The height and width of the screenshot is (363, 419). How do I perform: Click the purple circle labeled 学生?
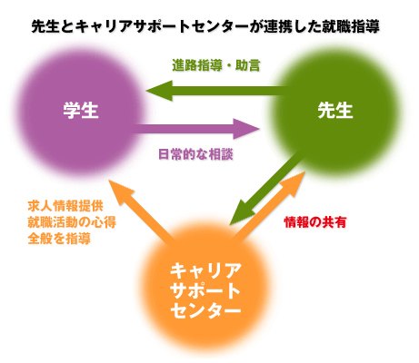point(81,113)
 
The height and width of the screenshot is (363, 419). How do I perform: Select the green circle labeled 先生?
point(334,113)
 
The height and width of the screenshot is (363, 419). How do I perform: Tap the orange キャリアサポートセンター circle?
point(205,288)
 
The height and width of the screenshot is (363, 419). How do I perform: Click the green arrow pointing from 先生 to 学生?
point(216,91)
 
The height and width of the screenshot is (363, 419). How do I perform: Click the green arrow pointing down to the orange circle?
point(266,188)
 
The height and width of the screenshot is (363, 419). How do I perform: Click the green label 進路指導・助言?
point(216,65)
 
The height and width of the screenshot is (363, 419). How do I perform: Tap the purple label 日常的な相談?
point(195,154)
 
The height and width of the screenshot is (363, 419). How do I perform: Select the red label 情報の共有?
point(315,222)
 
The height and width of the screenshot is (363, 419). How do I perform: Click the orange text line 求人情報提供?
point(65,206)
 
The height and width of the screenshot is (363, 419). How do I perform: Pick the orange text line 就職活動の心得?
point(72,222)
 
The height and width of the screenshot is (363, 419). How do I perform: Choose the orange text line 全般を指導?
point(59,239)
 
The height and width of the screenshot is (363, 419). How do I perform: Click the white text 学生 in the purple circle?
point(81,110)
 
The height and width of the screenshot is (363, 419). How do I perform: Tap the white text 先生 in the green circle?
point(335,110)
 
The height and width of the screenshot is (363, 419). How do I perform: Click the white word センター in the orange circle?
point(205,309)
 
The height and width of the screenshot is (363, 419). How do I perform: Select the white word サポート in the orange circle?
point(205,290)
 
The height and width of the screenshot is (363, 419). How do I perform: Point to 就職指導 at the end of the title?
point(351,26)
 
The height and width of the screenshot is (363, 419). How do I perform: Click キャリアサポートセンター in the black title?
point(162,26)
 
